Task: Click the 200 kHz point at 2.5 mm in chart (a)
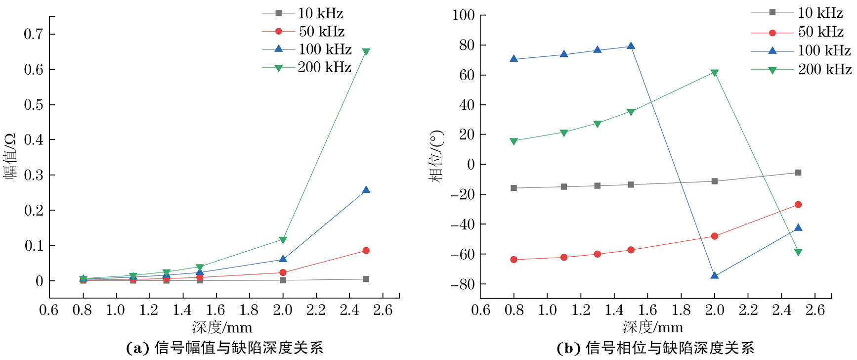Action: click(x=366, y=52)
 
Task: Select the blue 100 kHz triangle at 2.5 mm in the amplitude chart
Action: click(x=366, y=190)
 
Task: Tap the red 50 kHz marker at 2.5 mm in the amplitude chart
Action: click(x=366, y=251)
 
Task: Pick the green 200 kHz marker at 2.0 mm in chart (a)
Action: click(x=283, y=240)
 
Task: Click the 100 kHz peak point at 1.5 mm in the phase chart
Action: click(x=631, y=46)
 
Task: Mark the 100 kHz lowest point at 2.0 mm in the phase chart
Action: click(x=714, y=275)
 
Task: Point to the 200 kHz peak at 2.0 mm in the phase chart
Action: click(x=714, y=73)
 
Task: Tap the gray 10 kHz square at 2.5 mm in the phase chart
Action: click(x=798, y=173)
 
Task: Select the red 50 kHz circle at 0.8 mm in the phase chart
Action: click(x=514, y=260)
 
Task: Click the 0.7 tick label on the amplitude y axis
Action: click(x=34, y=34)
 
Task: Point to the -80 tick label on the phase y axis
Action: click(x=463, y=284)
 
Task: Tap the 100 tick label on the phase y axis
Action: click(x=464, y=15)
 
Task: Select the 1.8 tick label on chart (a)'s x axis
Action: click(x=249, y=310)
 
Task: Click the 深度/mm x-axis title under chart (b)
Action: click(x=653, y=327)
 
